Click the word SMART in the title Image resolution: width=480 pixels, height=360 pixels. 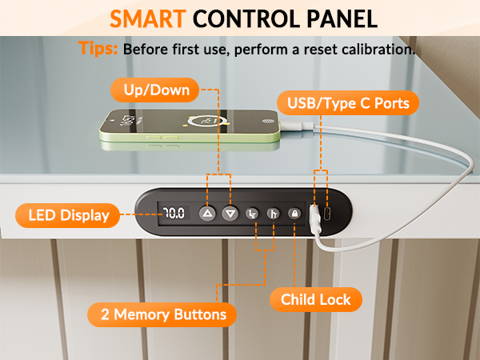point(148,19)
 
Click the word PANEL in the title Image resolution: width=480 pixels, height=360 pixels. point(342,19)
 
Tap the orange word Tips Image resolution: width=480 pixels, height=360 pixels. point(98,48)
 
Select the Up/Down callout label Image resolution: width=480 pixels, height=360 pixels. point(155,90)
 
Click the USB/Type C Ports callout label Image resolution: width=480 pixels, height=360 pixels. point(348,103)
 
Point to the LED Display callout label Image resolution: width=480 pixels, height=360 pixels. point(68,215)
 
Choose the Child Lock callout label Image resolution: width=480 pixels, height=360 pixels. point(316,299)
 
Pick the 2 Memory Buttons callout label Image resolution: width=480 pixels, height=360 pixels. point(162,314)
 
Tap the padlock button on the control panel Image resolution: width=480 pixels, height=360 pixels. point(294,214)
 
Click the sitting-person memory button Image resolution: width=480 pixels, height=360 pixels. point(252,214)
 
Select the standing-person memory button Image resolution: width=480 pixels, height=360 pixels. point(274,214)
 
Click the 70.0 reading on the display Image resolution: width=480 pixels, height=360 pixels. point(174,213)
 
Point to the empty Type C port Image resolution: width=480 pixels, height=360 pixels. point(326,214)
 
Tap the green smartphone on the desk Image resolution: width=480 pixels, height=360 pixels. point(190,126)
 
